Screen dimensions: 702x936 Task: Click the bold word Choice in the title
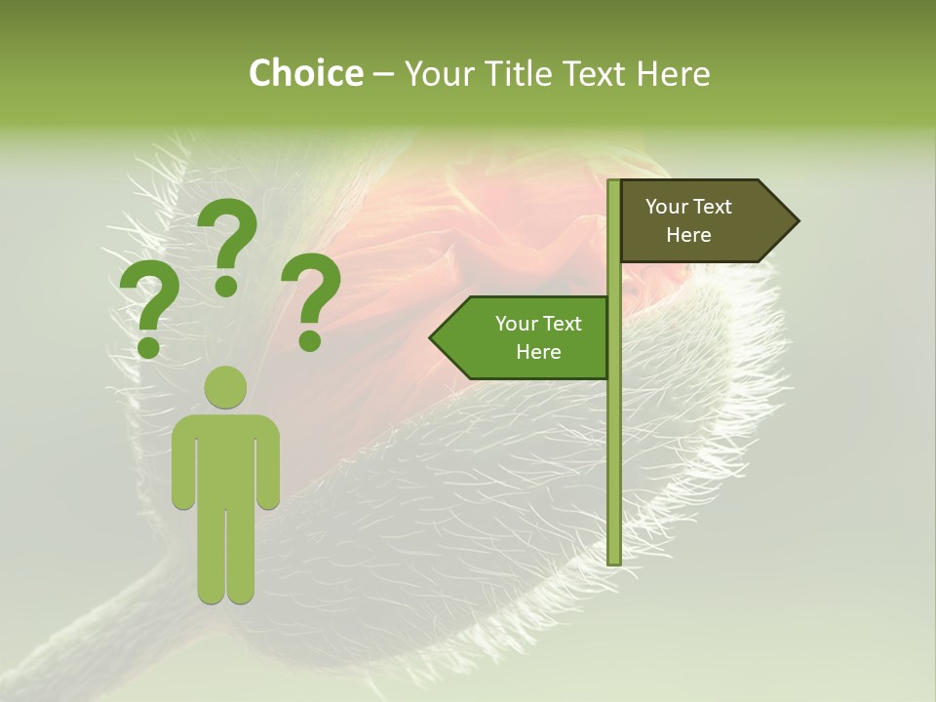point(305,73)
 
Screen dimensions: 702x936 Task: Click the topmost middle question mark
point(228,244)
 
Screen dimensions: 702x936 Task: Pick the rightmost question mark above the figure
point(311,298)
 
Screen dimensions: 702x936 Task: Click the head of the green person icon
point(225,387)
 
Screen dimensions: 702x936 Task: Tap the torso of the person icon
point(225,458)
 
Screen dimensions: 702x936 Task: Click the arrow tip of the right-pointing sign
point(794,221)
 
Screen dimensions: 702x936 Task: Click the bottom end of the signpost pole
point(613,560)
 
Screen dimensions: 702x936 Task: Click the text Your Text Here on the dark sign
point(688,220)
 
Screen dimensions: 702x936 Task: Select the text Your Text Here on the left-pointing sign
point(538,337)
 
